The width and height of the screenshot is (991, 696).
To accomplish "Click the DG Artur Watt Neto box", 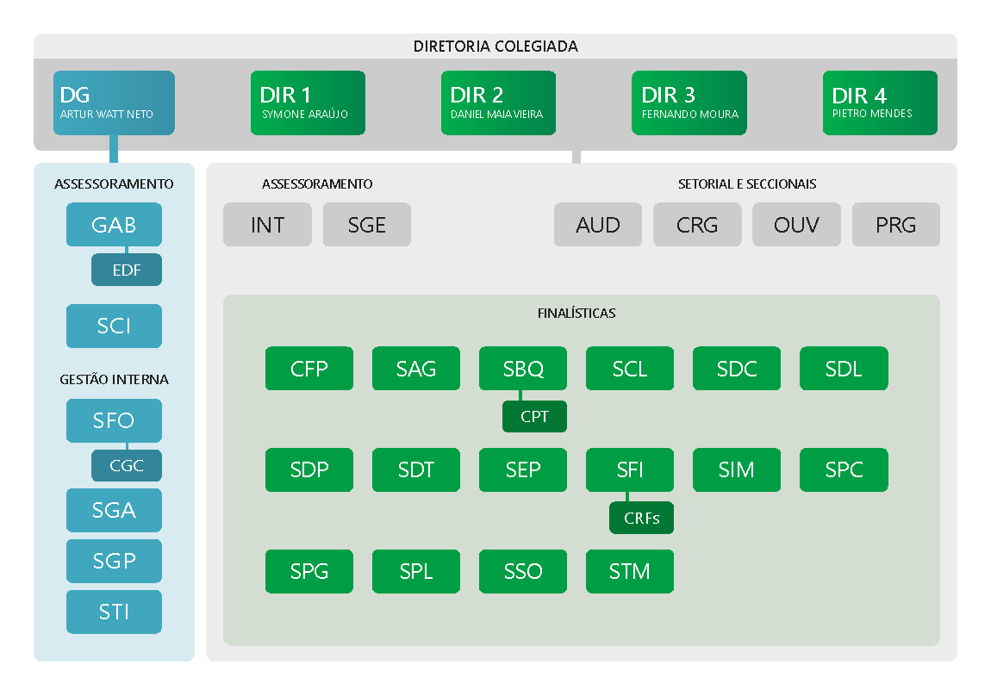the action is coord(114,103).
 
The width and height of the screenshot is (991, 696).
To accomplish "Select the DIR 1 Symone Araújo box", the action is coord(308,103).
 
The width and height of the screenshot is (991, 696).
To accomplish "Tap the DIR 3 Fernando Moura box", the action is coord(689,103).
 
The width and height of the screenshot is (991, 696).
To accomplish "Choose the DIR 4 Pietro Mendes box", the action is coord(880,103).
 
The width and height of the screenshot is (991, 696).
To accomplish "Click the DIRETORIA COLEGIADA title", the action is coord(495,47).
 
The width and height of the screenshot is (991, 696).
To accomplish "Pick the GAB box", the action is coord(114,224).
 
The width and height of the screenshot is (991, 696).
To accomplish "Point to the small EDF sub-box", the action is coord(127,270).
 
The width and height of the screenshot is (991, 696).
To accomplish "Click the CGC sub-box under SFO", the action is coord(127,465).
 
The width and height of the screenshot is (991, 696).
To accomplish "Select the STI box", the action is coord(114,612).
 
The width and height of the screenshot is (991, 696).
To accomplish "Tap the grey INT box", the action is coord(267,224).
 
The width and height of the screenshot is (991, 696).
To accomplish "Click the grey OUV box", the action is coord(796,224).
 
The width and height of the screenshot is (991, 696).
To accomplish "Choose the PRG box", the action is coord(895,224).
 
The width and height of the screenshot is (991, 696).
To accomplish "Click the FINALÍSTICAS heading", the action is coord(577,314).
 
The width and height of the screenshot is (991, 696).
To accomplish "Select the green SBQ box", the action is coord(523,368).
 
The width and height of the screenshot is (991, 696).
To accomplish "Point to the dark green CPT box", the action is coord(534,416).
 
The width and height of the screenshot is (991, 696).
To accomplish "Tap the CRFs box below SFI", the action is coord(641,518).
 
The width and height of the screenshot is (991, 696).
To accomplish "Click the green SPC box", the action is coord(844,469).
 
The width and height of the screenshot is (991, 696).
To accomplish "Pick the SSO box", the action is coord(523,571).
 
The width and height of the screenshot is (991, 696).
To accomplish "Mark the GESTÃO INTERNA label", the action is coord(114,380).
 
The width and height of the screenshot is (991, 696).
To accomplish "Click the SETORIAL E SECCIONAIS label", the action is coord(747,183).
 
